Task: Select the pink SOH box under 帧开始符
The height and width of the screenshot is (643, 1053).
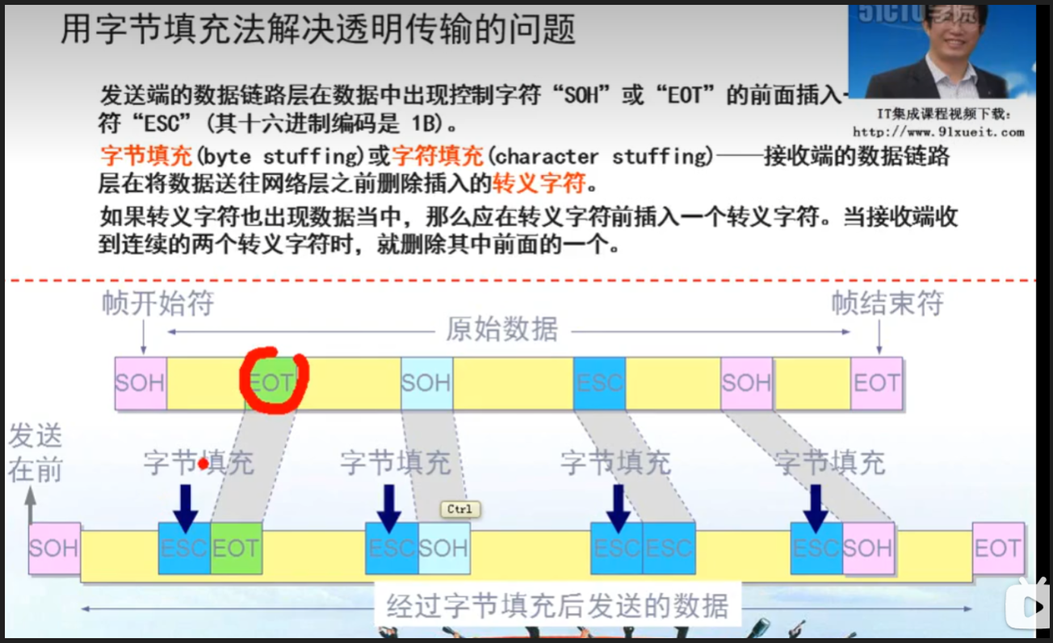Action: (x=141, y=382)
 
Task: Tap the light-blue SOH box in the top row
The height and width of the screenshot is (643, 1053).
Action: (x=426, y=382)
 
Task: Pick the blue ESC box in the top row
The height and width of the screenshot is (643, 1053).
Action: (x=599, y=382)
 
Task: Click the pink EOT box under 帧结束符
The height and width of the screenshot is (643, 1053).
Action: (x=876, y=382)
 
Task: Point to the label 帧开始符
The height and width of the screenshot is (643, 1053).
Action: (x=158, y=305)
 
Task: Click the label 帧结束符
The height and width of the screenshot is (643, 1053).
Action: (x=887, y=305)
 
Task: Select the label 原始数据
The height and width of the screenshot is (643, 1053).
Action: (x=501, y=330)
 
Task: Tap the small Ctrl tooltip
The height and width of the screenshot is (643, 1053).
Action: (x=459, y=509)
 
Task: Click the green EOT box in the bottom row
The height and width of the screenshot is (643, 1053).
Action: (x=236, y=548)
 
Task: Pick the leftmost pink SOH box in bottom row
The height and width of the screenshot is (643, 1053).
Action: (x=54, y=548)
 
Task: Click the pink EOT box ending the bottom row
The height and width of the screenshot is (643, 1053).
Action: (x=997, y=548)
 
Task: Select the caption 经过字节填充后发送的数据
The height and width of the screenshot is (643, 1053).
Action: (x=557, y=606)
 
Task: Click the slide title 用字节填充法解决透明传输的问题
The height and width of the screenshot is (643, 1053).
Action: (x=318, y=30)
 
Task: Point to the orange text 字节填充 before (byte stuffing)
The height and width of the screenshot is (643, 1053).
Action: (x=146, y=155)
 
